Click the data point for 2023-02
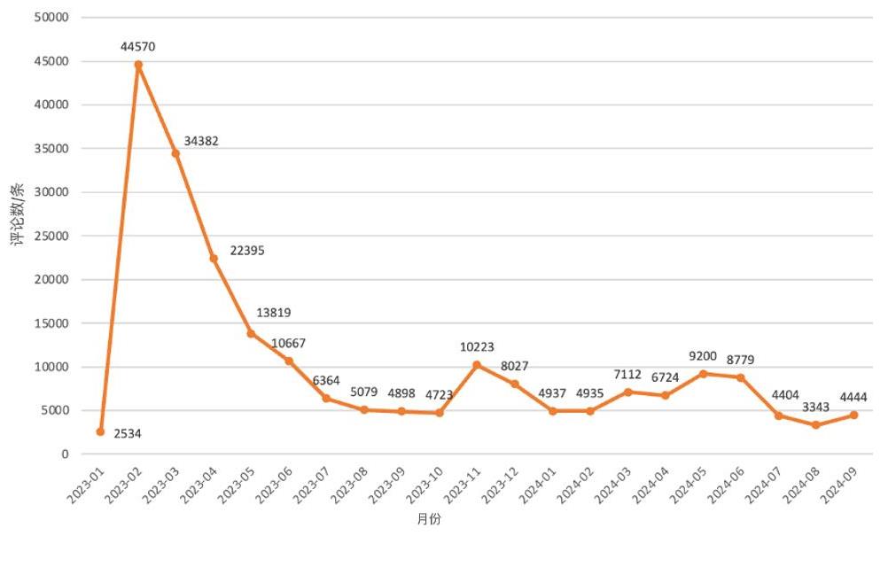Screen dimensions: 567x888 coord(138,65)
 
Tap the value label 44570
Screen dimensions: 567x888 coord(139,46)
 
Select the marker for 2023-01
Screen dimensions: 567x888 coord(100,431)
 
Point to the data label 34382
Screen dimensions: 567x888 coord(201,141)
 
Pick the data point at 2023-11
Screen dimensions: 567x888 coord(477,365)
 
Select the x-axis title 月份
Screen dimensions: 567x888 coord(429,519)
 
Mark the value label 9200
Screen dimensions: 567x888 coord(703,356)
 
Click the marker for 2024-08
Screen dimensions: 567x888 coord(816,425)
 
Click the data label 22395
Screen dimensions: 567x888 coord(247,251)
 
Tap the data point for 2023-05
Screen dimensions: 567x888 coord(251,333)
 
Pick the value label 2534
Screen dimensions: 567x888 coord(128,433)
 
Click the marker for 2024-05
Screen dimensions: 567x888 coord(703,374)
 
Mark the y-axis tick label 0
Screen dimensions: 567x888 coord(65,454)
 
